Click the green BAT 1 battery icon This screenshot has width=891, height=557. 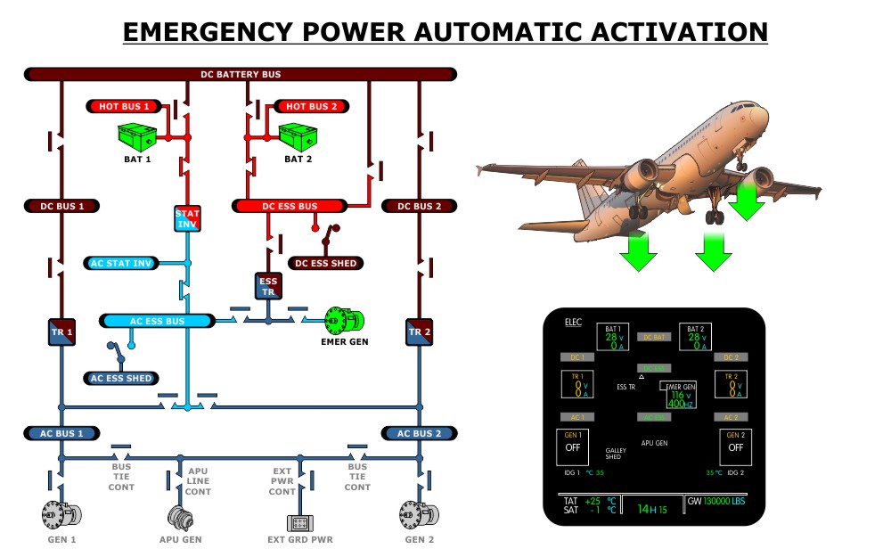tap(137, 137)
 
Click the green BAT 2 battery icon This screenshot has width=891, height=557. tap(298, 137)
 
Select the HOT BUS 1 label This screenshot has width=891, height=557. tap(125, 106)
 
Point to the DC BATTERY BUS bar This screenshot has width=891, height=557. tap(241, 74)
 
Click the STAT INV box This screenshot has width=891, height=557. tap(187, 218)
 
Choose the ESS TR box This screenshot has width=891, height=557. tap(268, 286)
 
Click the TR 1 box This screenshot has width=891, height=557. tap(61, 332)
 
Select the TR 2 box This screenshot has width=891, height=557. tap(419, 332)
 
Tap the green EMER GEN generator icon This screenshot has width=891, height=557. tap(339, 318)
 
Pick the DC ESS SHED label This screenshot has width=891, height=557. tap(326, 263)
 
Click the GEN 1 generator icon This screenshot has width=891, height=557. tap(61, 514)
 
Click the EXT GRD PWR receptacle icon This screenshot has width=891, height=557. tap(300, 521)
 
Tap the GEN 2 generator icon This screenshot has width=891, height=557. tap(419, 514)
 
